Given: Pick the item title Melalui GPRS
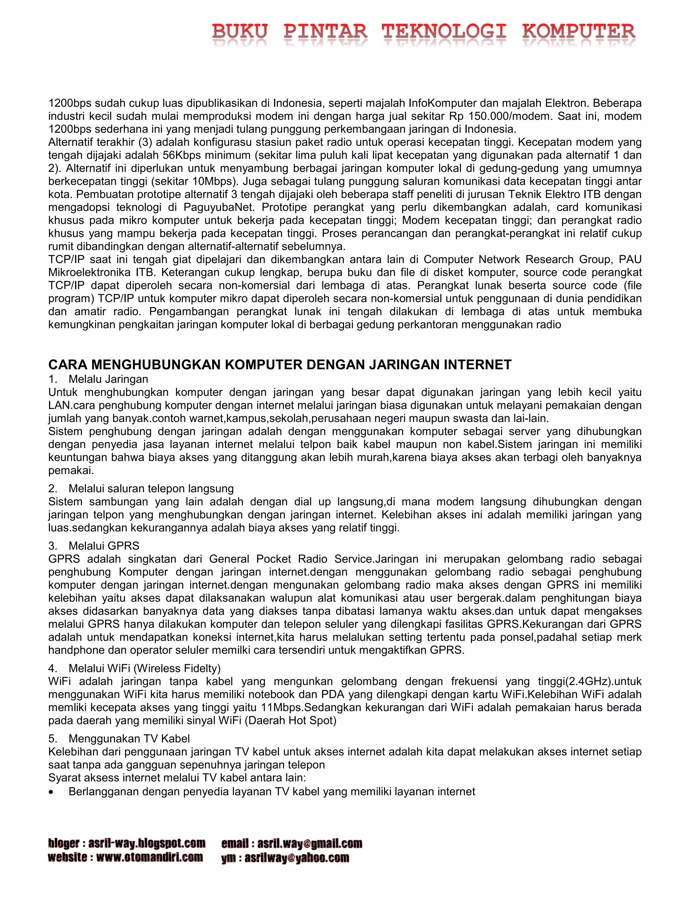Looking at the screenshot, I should click(x=104, y=546).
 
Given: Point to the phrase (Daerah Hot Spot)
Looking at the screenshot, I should click(x=290, y=720).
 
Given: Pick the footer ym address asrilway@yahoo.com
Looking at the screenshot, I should click(x=297, y=858).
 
